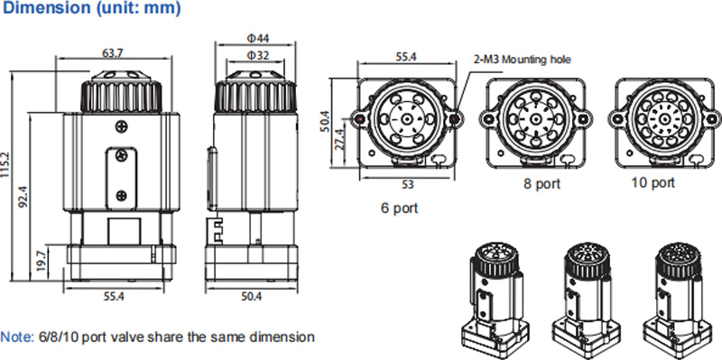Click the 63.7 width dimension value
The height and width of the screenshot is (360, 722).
coord(112,52)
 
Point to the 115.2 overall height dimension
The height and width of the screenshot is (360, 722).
coord(5,172)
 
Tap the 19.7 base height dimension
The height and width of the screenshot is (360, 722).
coord(42,261)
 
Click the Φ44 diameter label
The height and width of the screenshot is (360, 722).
coord(258,38)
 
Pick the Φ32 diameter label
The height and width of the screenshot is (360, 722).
coord(258,56)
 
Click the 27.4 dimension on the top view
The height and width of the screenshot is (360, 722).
coord(340,140)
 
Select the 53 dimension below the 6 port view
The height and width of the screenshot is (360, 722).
coord(408,185)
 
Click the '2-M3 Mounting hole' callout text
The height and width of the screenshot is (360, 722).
coord(523,60)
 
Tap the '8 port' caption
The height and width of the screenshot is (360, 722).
coord(542,184)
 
